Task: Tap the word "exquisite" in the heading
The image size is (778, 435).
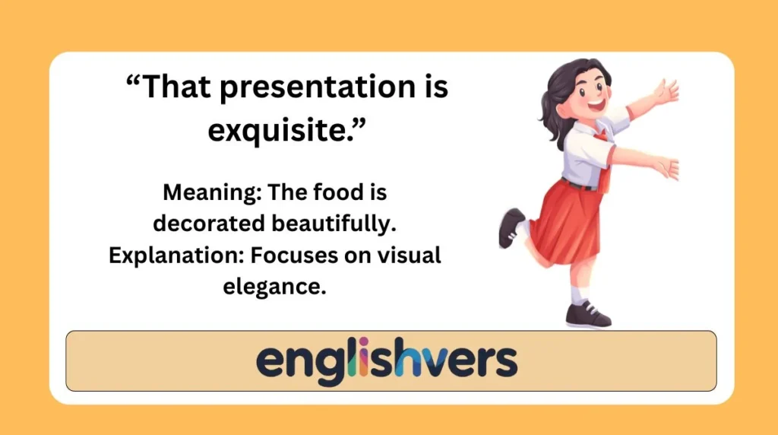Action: tap(282, 130)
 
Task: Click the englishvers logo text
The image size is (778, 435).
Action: tap(387, 360)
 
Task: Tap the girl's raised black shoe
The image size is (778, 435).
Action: tap(511, 228)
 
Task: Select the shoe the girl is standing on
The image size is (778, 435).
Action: tap(587, 314)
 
